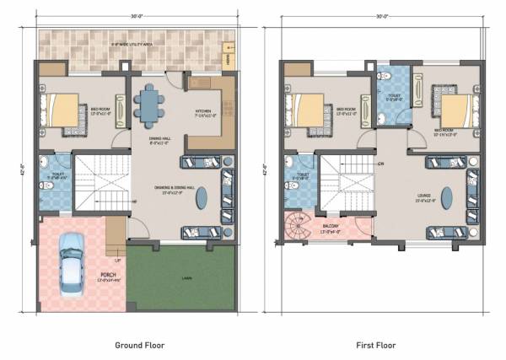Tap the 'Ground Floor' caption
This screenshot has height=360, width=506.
(139, 345)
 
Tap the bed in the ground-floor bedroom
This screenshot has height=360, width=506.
(62, 109)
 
